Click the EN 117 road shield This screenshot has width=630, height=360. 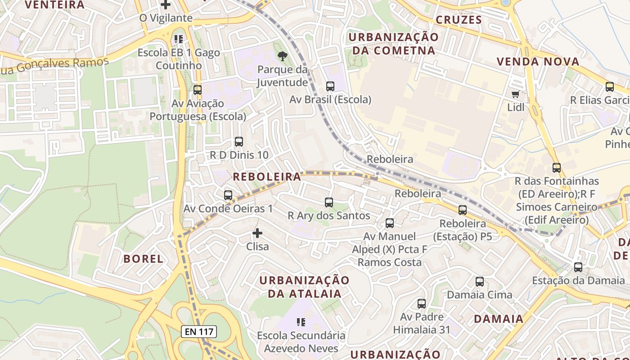199,332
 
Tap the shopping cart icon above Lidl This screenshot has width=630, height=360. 516,94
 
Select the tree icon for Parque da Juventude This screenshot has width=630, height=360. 283,56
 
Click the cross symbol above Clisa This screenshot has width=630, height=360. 257,233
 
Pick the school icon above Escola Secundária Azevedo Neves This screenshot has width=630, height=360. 301,322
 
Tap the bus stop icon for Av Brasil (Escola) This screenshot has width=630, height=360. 330,86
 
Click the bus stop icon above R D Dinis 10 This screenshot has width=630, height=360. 239,142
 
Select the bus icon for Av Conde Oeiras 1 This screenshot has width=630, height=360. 228,195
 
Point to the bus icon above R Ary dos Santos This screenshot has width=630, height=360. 329,202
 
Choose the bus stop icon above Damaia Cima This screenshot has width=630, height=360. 480,282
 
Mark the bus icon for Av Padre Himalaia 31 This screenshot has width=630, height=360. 422,304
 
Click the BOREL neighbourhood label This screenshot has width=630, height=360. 143,259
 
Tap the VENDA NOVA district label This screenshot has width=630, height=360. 538,62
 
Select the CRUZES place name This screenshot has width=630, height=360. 459,20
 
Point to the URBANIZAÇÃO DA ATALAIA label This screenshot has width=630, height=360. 304,287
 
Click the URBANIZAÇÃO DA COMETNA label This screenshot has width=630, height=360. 394,44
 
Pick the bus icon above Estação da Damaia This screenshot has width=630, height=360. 578,267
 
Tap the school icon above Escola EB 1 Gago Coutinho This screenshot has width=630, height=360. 179,39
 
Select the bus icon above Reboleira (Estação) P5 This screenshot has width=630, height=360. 463,210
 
